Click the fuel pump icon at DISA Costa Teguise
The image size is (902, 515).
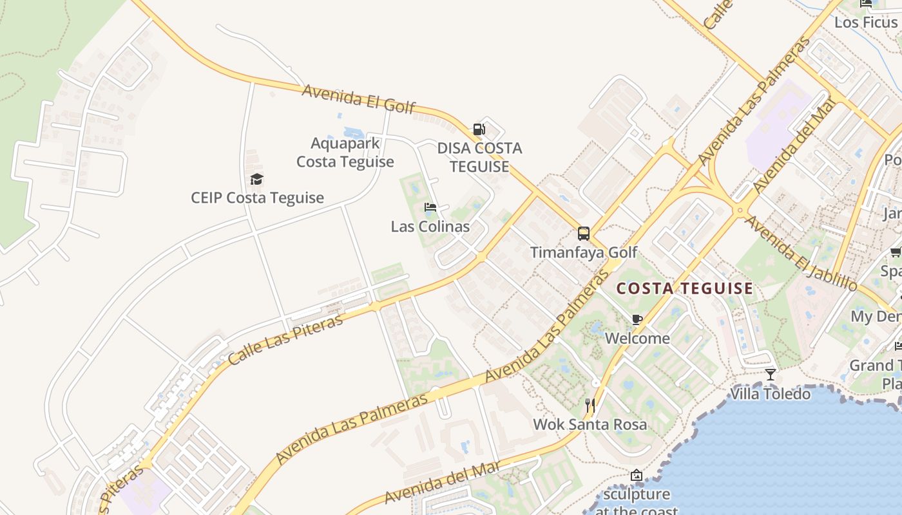tap(479, 129)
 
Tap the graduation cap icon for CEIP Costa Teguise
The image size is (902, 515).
tap(257, 179)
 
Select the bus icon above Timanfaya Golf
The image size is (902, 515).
tap(584, 234)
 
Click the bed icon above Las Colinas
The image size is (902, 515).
tap(430, 207)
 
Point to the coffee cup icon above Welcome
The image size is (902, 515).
tap(637, 319)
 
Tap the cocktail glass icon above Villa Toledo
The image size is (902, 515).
tap(771, 375)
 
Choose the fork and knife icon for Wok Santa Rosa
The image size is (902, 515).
tap(590, 406)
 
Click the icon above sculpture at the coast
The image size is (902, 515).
tap(637, 476)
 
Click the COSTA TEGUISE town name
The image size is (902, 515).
tap(684, 288)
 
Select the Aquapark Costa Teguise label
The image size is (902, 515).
tap(345, 153)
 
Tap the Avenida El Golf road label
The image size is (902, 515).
tap(358, 98)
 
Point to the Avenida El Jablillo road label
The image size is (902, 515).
tap(801, 253)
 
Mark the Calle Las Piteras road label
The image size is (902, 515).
tap(285, 339)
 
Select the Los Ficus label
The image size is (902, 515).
tap(865, 23)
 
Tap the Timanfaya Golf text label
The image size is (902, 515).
tap(584, 252)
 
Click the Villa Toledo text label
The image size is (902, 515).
tap(771, 394)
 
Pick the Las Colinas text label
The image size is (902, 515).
tap(430, 227)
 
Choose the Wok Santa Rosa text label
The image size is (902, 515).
tap(590, 425)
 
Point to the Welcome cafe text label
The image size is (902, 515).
tap(637, 338)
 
